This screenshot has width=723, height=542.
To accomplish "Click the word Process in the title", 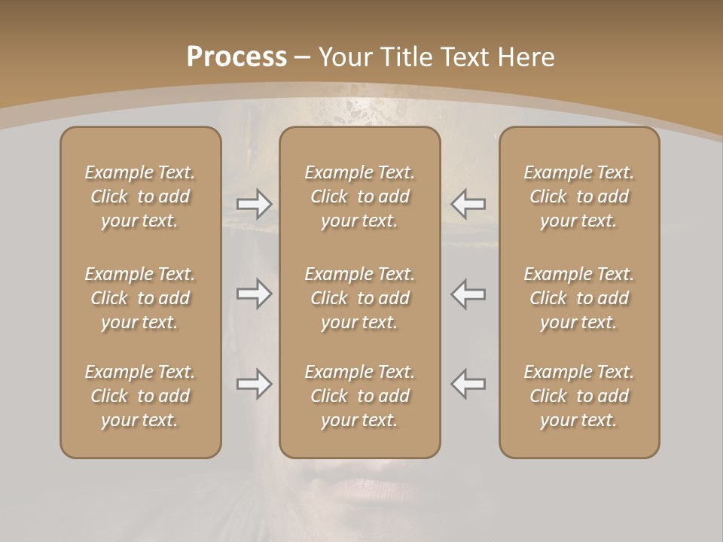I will tap(236, 57).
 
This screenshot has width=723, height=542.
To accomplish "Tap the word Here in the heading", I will tap(526, 57).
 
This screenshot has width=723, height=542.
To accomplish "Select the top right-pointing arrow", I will tap(255, 203).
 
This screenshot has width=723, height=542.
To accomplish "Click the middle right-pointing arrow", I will tap(255, 294).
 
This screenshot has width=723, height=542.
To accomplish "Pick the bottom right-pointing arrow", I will tap(255, 384).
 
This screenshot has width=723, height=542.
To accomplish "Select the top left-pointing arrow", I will tap(468, 203).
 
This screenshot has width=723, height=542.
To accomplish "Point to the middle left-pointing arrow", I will tap(468, 294).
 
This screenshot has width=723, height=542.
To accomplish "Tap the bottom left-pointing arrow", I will tap(468, 384).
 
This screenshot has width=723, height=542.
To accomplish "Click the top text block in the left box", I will tap(140, 196).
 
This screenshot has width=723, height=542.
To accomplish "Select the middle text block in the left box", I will tap(140, 298).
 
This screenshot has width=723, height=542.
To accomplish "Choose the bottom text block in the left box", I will tap(140, 396).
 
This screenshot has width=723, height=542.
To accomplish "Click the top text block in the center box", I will tap(359, 196).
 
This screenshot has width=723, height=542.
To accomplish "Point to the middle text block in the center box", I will tap(359, 298).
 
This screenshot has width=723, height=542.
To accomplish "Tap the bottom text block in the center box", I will tap(359, 396).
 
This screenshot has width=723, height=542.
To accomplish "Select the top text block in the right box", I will tap(578, 196).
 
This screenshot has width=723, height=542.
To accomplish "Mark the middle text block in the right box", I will tap(578, 298).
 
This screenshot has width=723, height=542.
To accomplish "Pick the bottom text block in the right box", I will tap(578, 396).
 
